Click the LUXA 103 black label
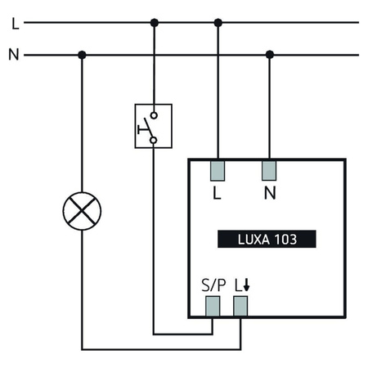[x=267, y=240]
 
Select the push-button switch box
[x=154, y=126]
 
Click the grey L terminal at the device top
[x=218, y=171]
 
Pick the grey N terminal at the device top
[x=269, y=171]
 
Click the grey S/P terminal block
[x=213, y=306]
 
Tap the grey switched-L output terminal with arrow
[x=240, y=306]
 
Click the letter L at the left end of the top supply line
[x=14, y=23]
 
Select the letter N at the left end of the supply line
[x=14, y=55]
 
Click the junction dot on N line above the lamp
[x=82, y=55]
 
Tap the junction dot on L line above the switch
[x=154, y=23]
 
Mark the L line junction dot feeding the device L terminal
[x=218, y=23]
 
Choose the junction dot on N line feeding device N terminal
[x=269, y=55]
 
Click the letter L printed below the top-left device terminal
[x=217, y=195]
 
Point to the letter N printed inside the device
[x=269, y=195]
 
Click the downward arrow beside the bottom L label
[x=245, y=287]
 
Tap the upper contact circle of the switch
[x=154, y=115]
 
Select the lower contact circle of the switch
[x=154, y=140]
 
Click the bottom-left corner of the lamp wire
[x=82, y=349]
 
